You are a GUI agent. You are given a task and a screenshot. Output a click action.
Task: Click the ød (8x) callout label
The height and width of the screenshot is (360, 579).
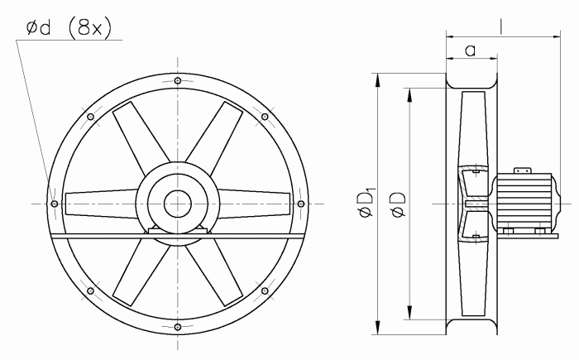point(69,27)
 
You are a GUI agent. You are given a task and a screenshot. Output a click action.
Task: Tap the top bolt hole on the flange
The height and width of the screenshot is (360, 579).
point(178,80)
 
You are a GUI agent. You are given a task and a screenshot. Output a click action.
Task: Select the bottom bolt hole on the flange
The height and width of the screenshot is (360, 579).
point(178,327)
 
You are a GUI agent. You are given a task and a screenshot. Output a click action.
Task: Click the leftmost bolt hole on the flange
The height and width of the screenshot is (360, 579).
point(55,204)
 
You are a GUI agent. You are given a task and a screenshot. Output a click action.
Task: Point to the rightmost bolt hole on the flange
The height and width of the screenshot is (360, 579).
point(301,204)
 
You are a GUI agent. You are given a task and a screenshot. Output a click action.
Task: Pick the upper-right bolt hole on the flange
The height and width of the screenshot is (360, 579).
point(265,117)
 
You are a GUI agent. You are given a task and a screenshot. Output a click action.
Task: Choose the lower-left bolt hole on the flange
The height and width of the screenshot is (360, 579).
point(90,290)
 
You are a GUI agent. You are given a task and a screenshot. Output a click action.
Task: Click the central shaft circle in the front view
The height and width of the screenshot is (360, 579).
point(178,204)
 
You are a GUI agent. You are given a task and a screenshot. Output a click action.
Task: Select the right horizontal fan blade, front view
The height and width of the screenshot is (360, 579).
point(254,204)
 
